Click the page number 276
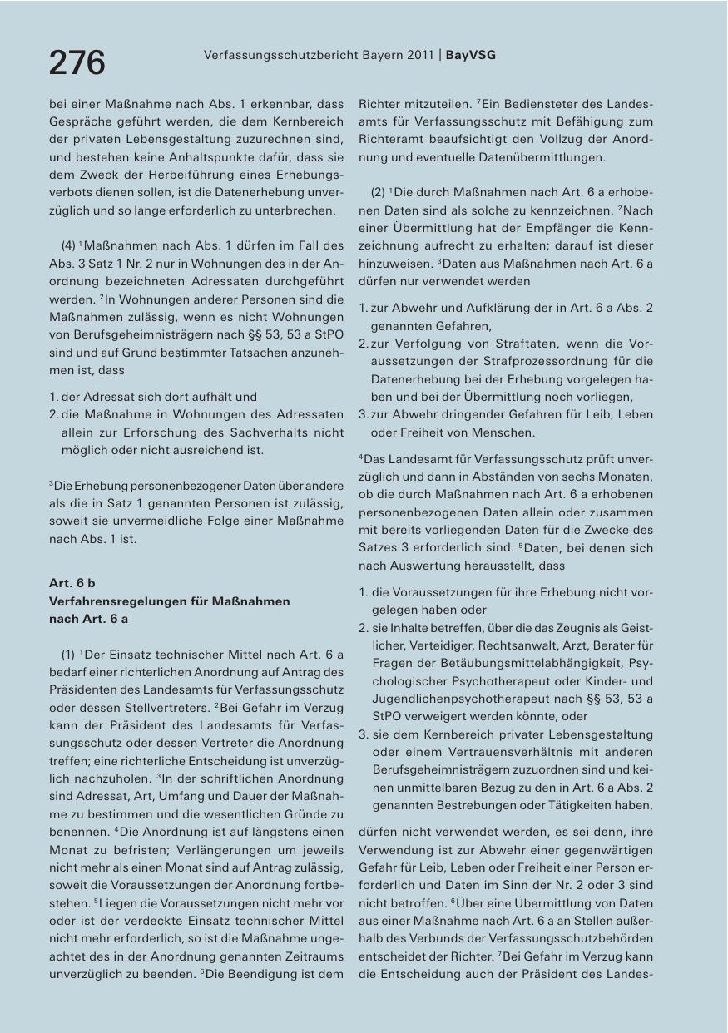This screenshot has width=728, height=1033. (x=77, y=62)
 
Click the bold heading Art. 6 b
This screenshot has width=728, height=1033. (x=72, y=583)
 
